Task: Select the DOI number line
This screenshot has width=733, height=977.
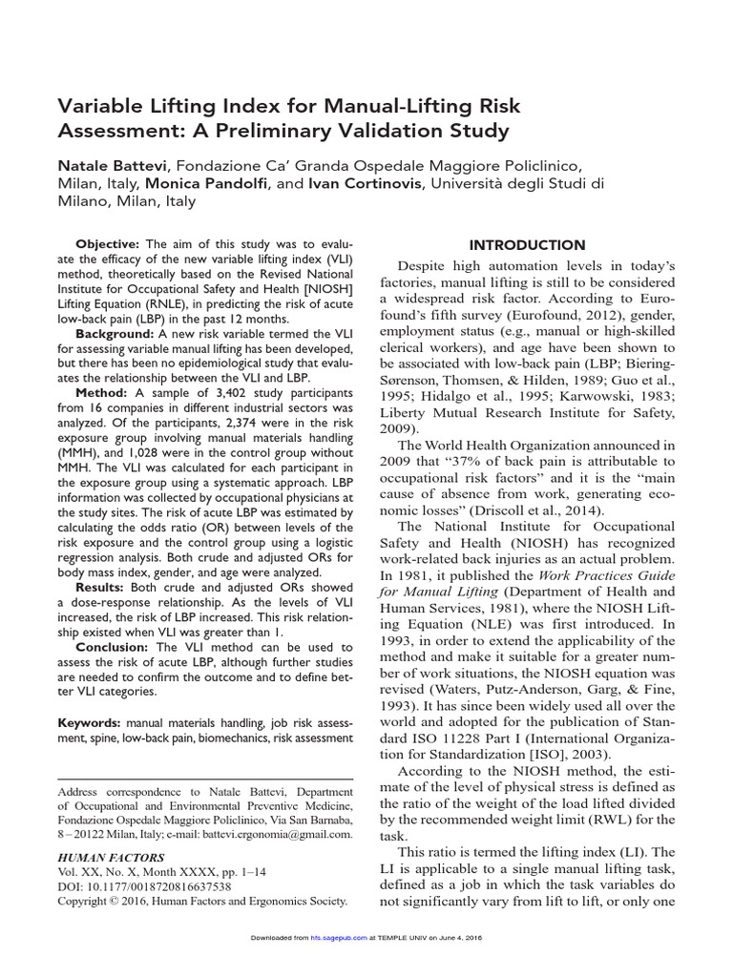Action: pos(145,886)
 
